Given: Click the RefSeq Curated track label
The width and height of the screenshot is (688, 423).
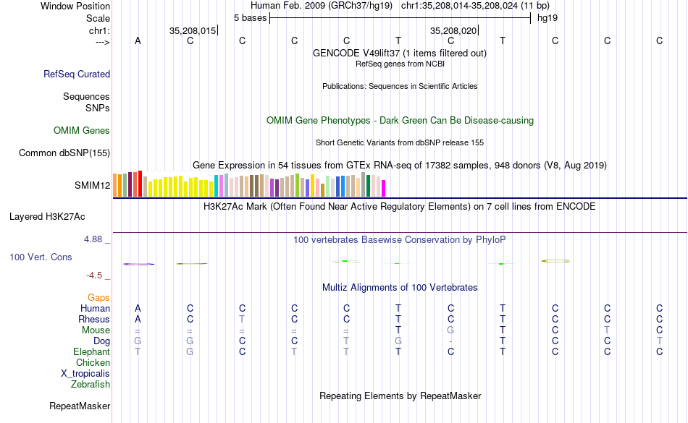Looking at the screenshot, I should click(x=77, y=74).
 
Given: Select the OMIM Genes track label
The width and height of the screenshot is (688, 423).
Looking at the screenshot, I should click(x=82, y=131).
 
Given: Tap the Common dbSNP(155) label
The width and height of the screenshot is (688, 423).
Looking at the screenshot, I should click(x=64, y=153).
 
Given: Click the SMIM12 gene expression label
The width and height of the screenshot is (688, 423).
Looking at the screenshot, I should click(x=92, y=186).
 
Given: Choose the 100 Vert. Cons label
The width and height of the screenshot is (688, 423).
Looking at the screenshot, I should click(x=41, y=257).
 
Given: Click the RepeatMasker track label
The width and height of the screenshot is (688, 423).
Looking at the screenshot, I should click(x=80, y=406).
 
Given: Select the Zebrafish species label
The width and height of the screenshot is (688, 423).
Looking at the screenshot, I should click(x=91, y=385).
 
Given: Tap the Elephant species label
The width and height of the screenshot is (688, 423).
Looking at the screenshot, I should click(x=91, y=352).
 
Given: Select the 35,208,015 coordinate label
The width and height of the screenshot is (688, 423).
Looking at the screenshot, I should click(x=193, y=31).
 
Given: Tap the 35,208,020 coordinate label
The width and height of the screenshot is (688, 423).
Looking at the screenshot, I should click(x=453, y=31).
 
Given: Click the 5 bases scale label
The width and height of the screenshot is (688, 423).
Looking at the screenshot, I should click(x=250, y=17).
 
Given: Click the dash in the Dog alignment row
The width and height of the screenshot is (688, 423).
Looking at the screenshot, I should click(x=450, y=341).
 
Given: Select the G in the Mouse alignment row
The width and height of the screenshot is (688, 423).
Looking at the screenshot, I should click(x=450, y=330).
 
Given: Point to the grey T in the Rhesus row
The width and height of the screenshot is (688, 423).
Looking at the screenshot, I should click(x=243, y=320).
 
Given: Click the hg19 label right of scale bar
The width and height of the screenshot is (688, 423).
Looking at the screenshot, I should click(x=548, y=17).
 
